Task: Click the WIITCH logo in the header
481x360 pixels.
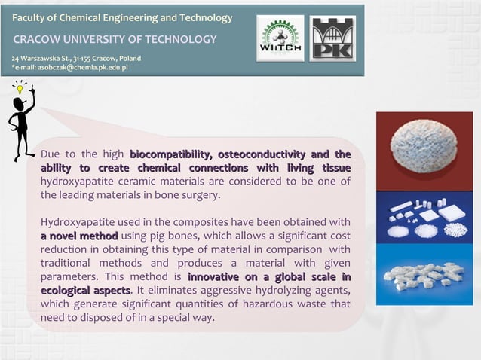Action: coord(280,38)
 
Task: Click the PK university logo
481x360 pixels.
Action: coord(332,38)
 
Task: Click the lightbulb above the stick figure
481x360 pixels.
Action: coord(20,88)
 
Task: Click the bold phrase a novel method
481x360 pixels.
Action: coord(78,236)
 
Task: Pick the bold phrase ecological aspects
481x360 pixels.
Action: coord(84,290)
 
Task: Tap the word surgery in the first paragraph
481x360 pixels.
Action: coord(199,194)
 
